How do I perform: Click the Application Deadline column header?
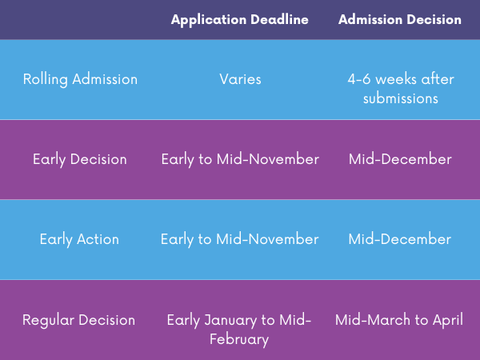pyautogui.click(x=240, y=20)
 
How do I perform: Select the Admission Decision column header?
pyautogui.click(x=400, y=20)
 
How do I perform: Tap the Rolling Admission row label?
pyautogui.click(x=80, y=79)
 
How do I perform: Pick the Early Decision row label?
pyautogui.click(x=80, y=159)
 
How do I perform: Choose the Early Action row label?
pyautogui.click(x=79, y=239)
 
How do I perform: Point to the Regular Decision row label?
pyautogui.click(x=78, y=320)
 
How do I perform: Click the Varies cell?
pyautogui.click(x=240, y=79)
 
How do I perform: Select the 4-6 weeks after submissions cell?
pyautogui.click(x=401, y=89)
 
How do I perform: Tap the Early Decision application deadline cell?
pyautogui.click(x=240, y=159)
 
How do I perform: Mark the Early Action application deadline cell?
pyautogui.click(x=240, y=239)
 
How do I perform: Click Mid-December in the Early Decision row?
pyautogui.click(x=400, y=159)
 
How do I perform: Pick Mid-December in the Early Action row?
pyautogui.click(x=400, y=239)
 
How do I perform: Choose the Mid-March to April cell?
pyautogui.click(x=399, y=320)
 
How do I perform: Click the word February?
pyautogui.click(x=239, y=340)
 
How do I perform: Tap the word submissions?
pyautogui.click(x=401, y=98)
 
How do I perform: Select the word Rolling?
pyautogui.click(x=46, y=79)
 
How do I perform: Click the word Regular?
pyautogui.click(x=48, y=320)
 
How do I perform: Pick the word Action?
pyautogui.click(x=98, y=239)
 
